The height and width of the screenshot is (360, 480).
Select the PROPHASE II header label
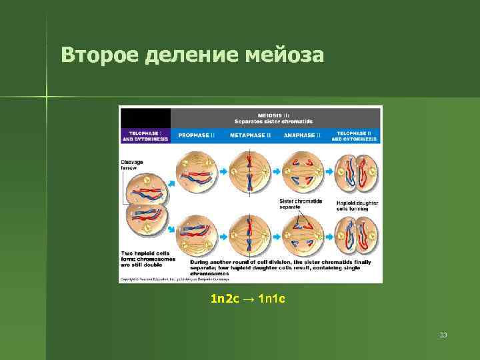tap(196, 135)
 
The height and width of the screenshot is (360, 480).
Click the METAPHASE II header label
tap(250, 135)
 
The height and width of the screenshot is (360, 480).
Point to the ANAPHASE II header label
tap(302, 135)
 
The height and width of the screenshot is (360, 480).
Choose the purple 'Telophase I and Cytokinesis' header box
tap(145, 135)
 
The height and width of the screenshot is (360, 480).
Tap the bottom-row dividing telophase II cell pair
tap(354, 234)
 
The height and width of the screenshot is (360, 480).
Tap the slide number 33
tap(443, 335)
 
